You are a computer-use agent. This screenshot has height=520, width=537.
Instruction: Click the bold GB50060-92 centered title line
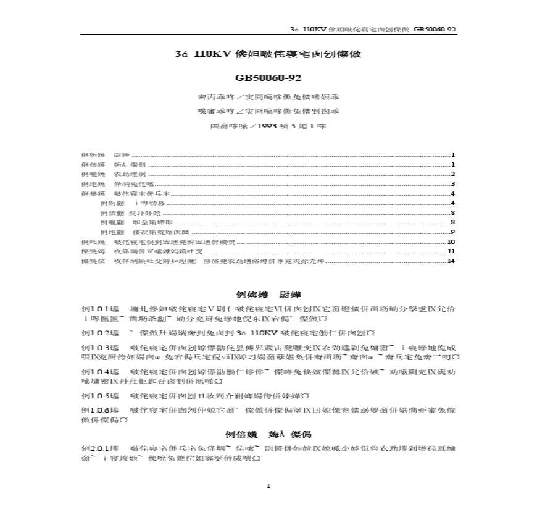tap(267, 78)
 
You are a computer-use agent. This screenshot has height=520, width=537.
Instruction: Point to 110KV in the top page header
tap(317, 30)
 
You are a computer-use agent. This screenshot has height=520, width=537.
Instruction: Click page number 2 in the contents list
tap(452, 174)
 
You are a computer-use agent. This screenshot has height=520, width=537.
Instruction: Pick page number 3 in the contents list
tap(452, 183)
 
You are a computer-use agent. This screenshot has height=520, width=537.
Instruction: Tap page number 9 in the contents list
tap(452, 232)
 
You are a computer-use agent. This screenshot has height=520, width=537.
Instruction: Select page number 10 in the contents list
tap(451, 241)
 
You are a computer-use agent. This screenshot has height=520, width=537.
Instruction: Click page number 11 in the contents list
tap(451, 251)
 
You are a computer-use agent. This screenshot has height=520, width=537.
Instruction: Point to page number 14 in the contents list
tap(451, 261)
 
